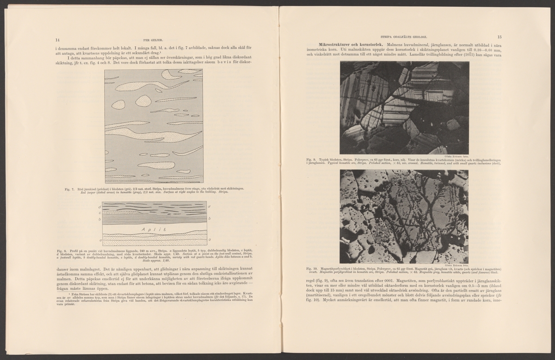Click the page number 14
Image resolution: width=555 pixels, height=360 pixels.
coord(56,39)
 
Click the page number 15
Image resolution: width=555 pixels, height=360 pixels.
coord(499,37)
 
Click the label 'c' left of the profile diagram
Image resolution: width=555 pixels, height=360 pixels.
coord(99,213)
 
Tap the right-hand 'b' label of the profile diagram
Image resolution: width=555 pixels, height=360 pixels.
coord(210,218)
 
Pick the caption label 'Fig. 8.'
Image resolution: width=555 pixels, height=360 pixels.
coord(59,250)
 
